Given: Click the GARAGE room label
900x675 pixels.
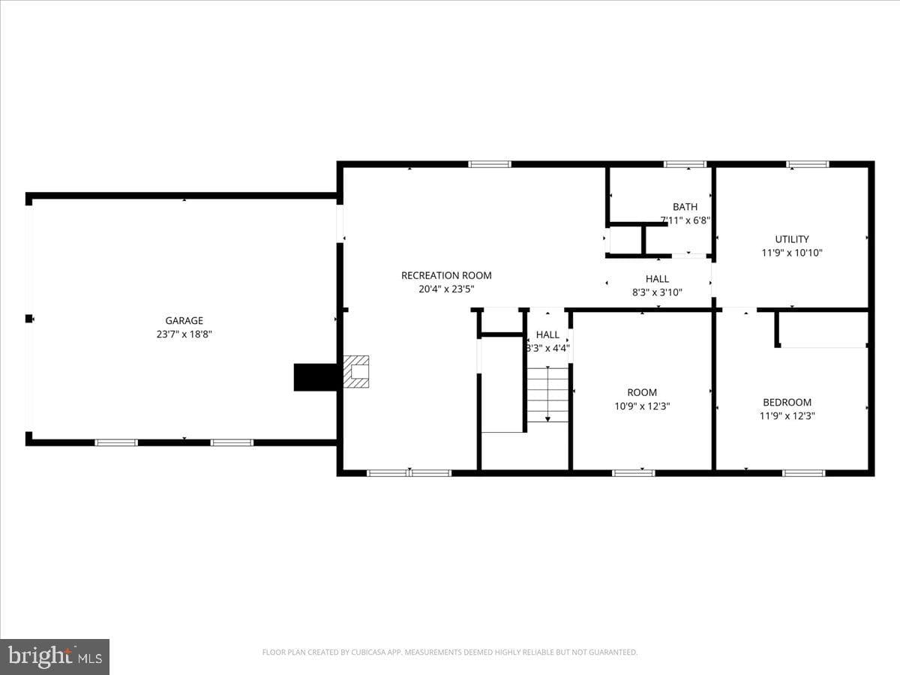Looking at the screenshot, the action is pyautogui.click(x=184, y=320).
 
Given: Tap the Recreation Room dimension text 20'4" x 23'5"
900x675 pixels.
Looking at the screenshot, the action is pyautogui.click(x=446, y=289).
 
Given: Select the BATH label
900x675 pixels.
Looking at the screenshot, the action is pyautogui.click(x=685, y=207).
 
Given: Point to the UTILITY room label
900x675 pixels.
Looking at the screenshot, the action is pyautogui.click(x=792, y=239).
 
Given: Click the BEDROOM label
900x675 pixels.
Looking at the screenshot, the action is pyautogui.click(x=787, y=403).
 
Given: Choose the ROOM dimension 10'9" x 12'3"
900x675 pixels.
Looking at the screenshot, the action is pyautogui.click(x=642, y=406).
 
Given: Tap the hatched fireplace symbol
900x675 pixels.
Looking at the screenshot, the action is pyautogui.click(x=356, y=372).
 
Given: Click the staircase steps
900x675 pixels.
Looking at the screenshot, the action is pyautogui.click(x=547, y=394).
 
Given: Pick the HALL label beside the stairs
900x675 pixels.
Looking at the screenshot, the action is pyautogui.click(x=547, y=334).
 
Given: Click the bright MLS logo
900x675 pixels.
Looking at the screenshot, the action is pyautogui.click(x=55, y=658).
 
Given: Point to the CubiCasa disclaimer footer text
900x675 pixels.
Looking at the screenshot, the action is pyautogui.click(x=450, y=652).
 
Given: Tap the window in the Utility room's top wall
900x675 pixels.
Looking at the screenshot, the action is pyautogui.click(x=808, y=164).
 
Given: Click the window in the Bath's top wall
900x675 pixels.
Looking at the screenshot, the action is pyautogui.click(x=685, y=164).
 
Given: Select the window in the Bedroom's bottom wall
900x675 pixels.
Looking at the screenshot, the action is pyautogui.click(x=804, y=473).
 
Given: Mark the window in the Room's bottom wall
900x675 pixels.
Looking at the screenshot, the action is pyautogui.click(x=634, y=473).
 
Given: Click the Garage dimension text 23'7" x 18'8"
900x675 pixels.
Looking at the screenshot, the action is pyautogui.click(x=184, y=334).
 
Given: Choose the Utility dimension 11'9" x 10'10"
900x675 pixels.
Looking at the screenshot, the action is pyautogui.click(x=792, y=253).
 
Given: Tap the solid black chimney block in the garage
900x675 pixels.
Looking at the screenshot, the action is pyautogui.click(x=316, y=377).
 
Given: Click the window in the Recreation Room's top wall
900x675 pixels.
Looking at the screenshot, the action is pyautogui.click(x=490, y=164).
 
